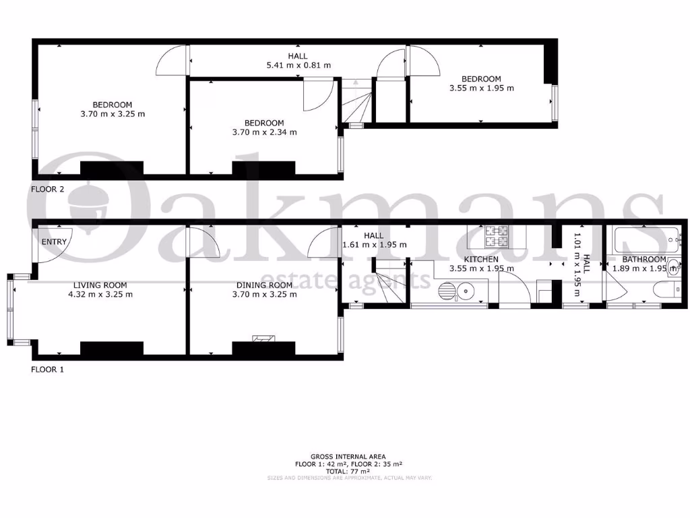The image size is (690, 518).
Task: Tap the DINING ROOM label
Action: pyautogui.click(x=262, y=285)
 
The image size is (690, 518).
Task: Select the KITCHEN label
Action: pyautogui.click(x=481, y=259)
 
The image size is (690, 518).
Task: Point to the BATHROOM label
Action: pyautogui.click(x=644, y=259)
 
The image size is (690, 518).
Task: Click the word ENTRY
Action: pyautogui.click(x=54, y=242)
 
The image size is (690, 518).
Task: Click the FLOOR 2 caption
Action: pyautogui.click(x=48, y=190)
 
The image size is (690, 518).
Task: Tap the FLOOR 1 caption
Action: pyautogui.click(x=48, y=370)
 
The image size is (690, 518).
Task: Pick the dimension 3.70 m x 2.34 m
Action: pyautogui.click(x=264, y=132)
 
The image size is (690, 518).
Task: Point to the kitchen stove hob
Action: pyautogui.click(x=498, y=235)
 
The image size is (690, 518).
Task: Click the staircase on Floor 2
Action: pyautogui.click(x=356, y=103)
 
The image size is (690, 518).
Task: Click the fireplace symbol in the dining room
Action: pyautogui.click(x=262, y=339)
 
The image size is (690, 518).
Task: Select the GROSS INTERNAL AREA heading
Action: pyautogui.click(x=348, y=457)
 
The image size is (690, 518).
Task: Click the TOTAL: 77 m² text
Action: pyautogui.click(x=348, y=471)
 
